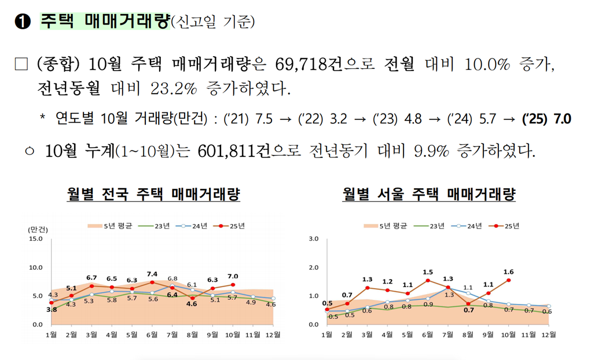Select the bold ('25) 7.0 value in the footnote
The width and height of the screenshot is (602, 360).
point(546,119)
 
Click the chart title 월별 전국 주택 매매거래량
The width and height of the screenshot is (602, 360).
point(153,194)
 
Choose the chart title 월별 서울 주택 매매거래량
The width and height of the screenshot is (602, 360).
point(428,194)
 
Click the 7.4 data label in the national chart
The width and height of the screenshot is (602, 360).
point(152,274)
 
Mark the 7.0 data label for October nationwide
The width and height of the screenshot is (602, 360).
point(233,276)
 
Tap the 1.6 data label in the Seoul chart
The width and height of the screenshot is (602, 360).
point(509,271)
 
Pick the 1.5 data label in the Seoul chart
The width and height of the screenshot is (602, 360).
point(428,272)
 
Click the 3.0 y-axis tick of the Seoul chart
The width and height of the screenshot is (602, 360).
point(314,238)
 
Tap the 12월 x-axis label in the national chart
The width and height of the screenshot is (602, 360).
point(273,335)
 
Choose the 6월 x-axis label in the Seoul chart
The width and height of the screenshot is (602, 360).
point(428,335)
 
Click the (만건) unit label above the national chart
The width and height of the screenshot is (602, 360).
point(35,229)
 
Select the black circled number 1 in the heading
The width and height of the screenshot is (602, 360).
point(23,22)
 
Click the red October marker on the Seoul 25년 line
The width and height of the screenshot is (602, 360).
point(509,280)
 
